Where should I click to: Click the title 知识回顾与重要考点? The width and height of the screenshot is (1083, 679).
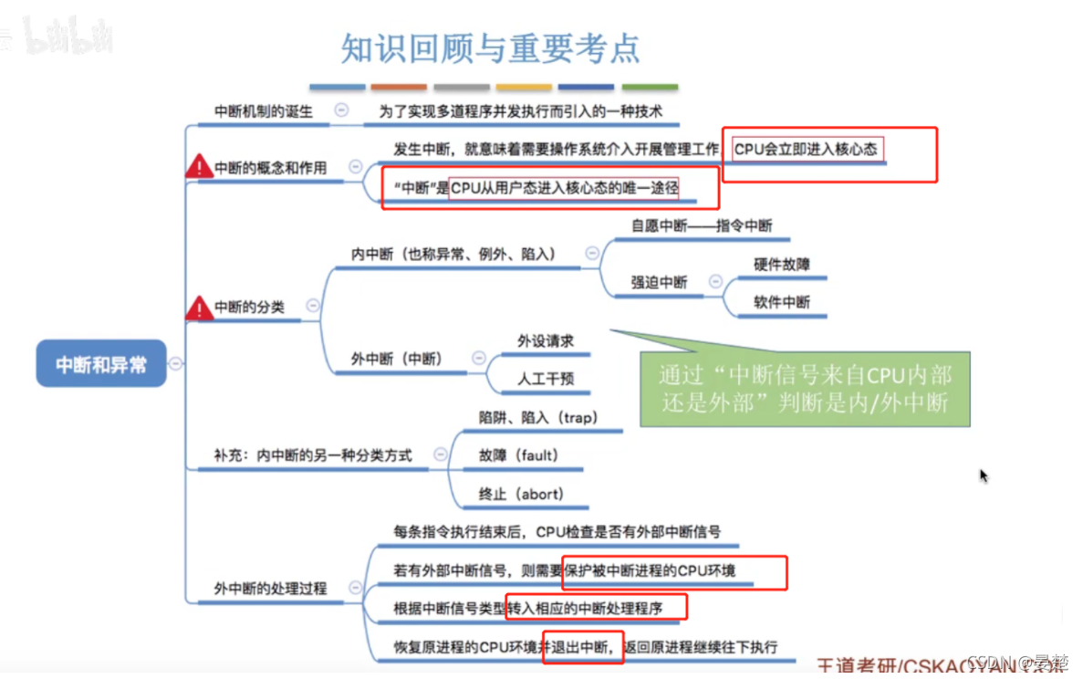pyautogui.click(x=490, y=47)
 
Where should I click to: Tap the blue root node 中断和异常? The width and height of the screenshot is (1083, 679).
pyautogui.click(x=101, y=364)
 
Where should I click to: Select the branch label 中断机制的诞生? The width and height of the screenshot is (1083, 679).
pyautogui.click(x=263, y=111)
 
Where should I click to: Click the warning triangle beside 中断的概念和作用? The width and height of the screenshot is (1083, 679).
pyautogui.click(x=199, y=166)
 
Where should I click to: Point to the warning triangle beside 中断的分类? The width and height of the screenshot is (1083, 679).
pyautogui.click(x=199, y=308)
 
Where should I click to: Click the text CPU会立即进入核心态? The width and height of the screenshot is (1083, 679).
pyautogui.click(x=805, y=149)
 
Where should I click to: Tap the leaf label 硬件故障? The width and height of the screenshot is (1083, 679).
pyautogui.click(x=782, y=265)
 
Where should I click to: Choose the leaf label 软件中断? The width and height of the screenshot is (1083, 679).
pyautogui.click(x=782, y=302)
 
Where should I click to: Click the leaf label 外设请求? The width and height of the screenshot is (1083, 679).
pyautogui.click(x=546, y=340)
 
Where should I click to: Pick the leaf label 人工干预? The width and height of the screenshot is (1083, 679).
pyautogui.click(x=546, y=378)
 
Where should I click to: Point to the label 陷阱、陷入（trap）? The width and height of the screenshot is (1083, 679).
pyautogui.click(x=537, y=417)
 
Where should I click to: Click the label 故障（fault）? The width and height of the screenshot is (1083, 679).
pyautogui.click(x=518, y=455)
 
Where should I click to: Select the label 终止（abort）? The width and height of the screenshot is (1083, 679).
pyautogui.click(x=521, y=494)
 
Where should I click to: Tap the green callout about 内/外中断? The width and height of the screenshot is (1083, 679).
pyautogui.click(x=804, y=388)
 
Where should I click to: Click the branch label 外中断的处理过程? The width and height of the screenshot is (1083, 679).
pyautogui.click(x=270, y=589)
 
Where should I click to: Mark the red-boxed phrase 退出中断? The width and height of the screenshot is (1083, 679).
pyautogui.click(x=581, y=646)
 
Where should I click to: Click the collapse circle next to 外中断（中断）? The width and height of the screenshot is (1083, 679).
pyautogui.click(x=479, y=359)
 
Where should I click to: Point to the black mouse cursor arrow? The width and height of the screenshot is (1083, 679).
pyautogui.click(x=984, y=475)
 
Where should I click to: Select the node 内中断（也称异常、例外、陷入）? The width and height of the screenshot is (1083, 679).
pyautogui.click(x=453, y=254)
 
